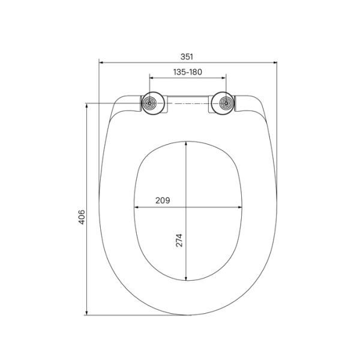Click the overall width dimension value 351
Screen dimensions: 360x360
(187, 56)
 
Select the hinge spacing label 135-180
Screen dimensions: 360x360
(187, 72)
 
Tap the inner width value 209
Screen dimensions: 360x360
(163, 201)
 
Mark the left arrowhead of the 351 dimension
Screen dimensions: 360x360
(101, 62)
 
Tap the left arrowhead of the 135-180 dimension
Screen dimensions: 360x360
(151, 77)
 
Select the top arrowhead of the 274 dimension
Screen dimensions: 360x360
(187, 143)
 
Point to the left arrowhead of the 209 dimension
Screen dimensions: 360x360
(137, 208)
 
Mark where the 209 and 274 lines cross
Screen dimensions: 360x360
(187, 208)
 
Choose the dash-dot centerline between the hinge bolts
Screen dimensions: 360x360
(187, 104)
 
